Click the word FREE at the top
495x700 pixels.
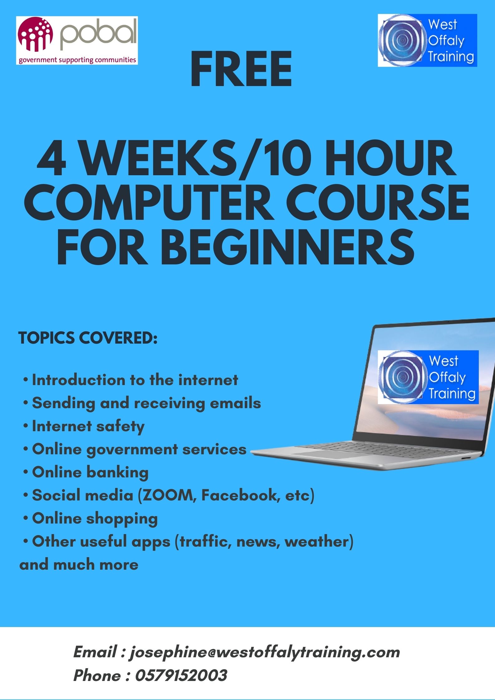click(241, 70)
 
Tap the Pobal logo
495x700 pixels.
click(77, 41)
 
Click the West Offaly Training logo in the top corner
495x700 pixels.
click(427, 40)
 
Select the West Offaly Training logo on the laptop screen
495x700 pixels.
click(428, 377)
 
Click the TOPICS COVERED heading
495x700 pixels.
click(88, 338)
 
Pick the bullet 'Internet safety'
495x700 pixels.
click(88, 426)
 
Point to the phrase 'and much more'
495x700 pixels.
click(79, 565)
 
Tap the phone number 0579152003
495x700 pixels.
click(181, 675)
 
